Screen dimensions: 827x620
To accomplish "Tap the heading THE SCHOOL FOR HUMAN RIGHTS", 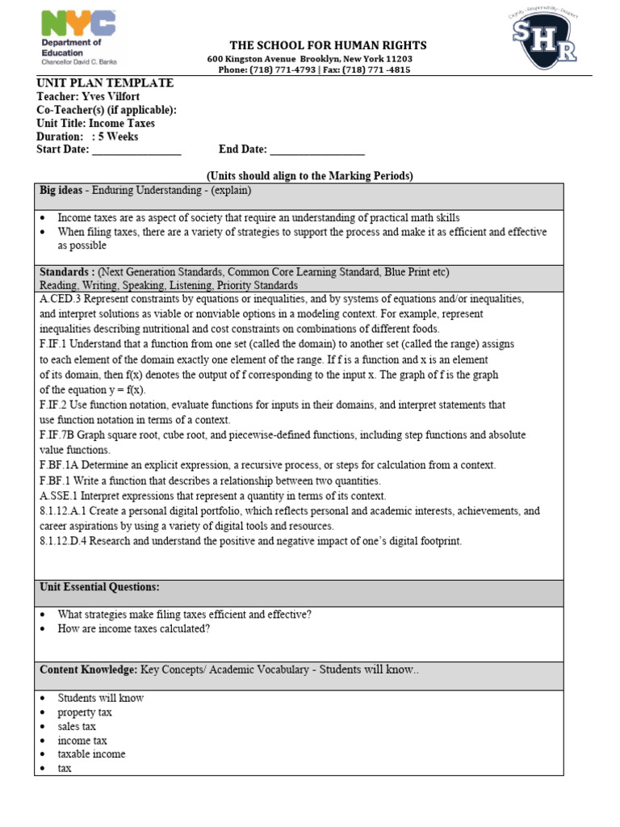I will [329, 45].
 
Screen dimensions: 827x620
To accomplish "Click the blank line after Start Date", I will [136, 150].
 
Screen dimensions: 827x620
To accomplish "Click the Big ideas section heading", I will [64, 191].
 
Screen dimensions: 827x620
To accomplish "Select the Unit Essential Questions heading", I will [99, 586].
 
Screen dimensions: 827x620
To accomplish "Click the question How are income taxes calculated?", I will [133, 629].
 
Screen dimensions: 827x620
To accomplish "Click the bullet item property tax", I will [85, 712].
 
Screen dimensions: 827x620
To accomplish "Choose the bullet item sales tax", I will [77, 726].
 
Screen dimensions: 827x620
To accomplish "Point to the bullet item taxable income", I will [91, 754].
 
